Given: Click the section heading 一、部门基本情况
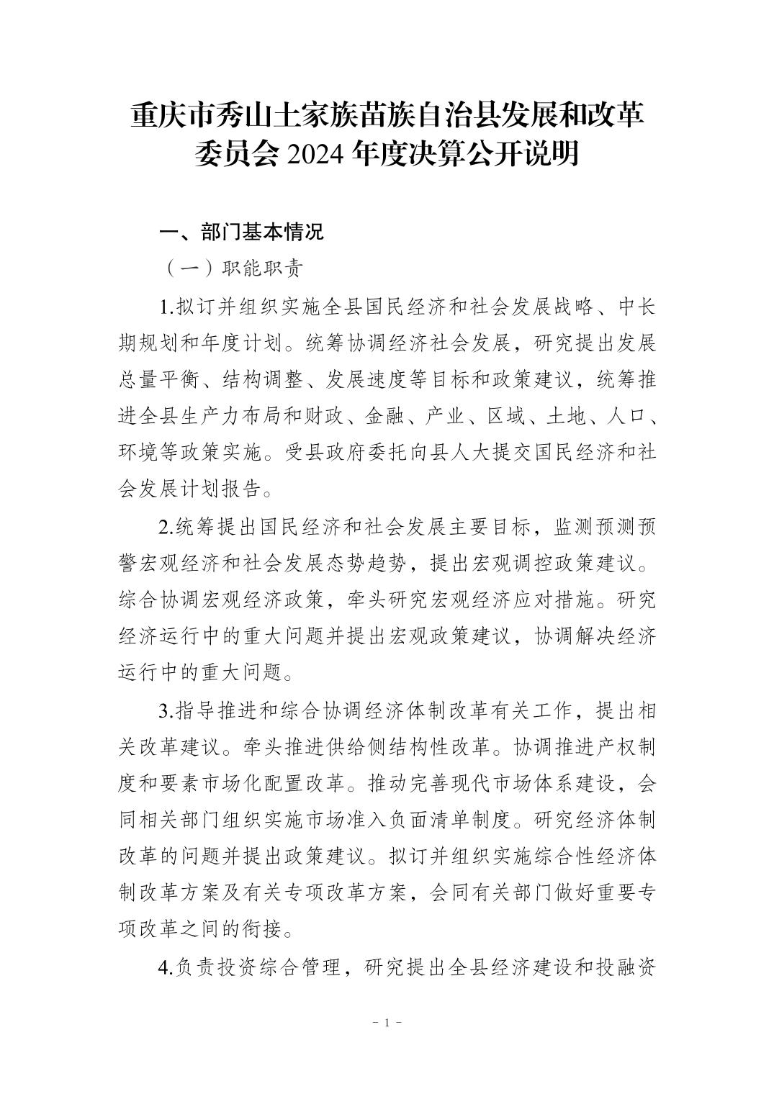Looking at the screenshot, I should click(241, 232).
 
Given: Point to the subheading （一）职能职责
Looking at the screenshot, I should click(233, 268).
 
